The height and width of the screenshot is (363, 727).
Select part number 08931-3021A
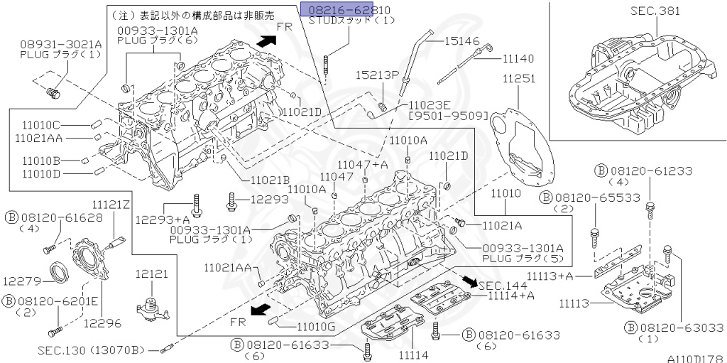[x=60, y=43]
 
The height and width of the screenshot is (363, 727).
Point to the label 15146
[x=463, y=41]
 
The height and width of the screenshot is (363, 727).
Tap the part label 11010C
[x=40, y=124]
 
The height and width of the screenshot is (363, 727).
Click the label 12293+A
[x=163, y=220]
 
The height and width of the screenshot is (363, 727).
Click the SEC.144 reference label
[x=503, y=284]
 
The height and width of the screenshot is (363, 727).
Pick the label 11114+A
[x=506, y=296]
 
